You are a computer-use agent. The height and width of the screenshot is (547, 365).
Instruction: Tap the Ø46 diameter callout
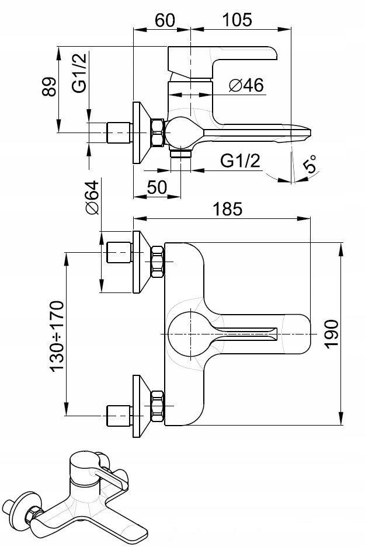pos(246,85)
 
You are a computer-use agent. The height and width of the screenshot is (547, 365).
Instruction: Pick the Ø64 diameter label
pos(91,198)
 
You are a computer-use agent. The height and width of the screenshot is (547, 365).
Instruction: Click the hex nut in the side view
pos(157,133)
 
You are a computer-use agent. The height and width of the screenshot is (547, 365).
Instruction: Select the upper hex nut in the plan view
pos(158,262)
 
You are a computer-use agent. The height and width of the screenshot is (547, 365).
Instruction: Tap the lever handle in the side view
pos(222,55)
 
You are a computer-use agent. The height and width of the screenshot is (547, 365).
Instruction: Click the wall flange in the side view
pos(140,133)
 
